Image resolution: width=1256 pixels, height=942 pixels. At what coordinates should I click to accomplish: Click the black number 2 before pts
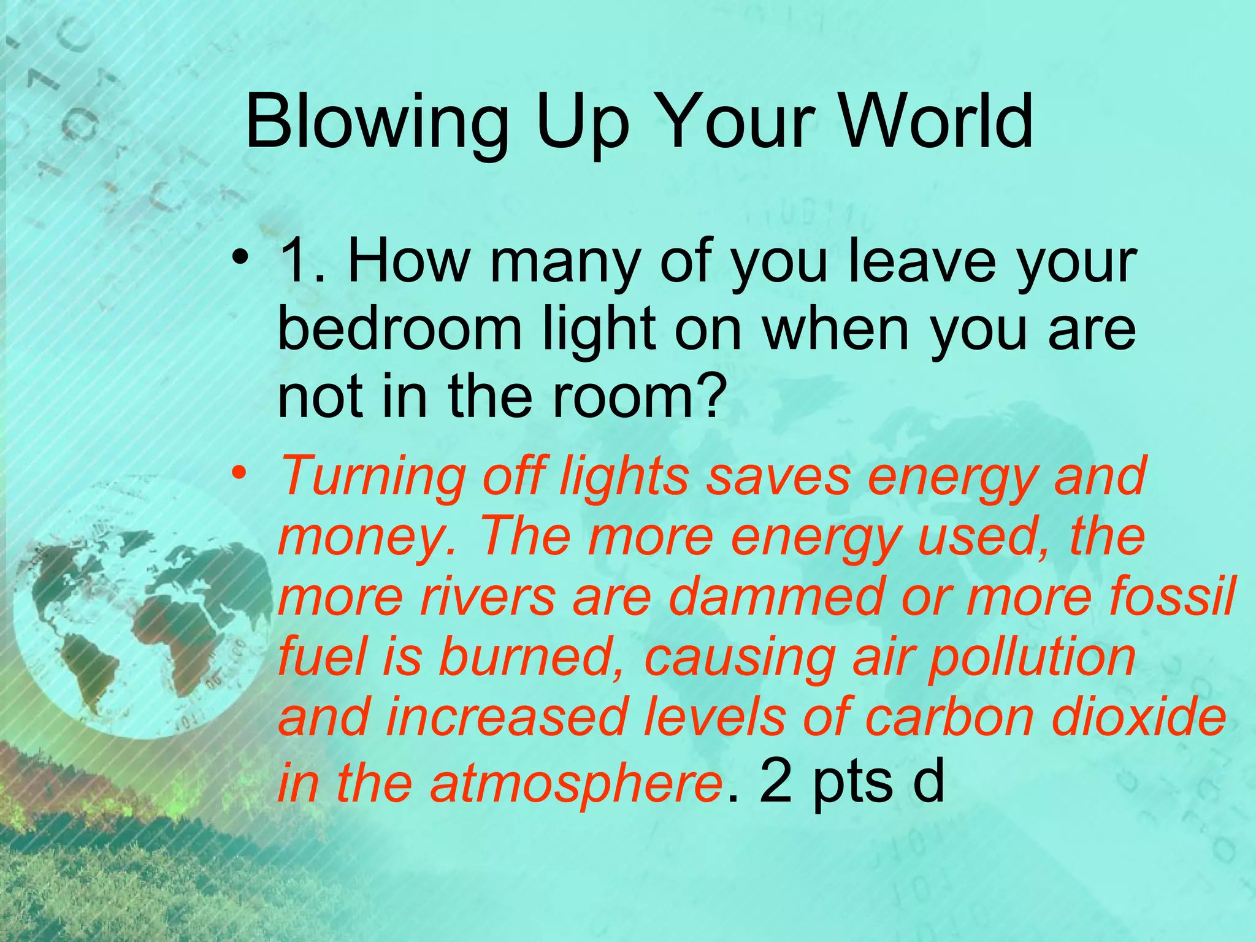tap(776, 782)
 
